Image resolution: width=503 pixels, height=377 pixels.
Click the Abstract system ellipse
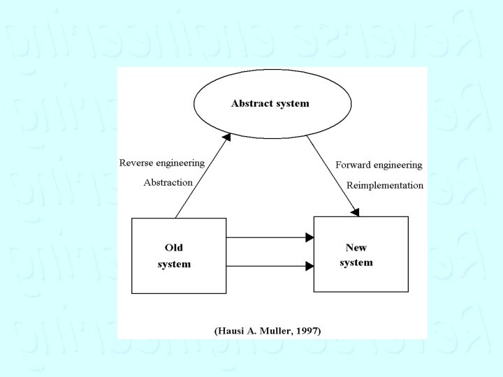coord(270,119)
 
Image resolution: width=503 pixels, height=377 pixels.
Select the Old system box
coord(179,256)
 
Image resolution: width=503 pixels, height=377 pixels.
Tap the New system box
coord(360,254)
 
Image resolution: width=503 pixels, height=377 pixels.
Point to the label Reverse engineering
coord(162,163)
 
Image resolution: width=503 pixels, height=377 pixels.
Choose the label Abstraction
coord(168,182)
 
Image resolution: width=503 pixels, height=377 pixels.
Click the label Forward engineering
coord(379,165)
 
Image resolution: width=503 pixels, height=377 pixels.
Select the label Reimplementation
coord(385,185)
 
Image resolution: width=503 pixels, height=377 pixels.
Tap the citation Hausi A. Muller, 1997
coord(268,330)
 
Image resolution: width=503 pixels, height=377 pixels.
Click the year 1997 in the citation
coord(307,330)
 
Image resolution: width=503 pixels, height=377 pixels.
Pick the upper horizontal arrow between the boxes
coord(270,237)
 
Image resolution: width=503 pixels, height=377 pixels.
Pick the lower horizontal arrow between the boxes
coord(270,265)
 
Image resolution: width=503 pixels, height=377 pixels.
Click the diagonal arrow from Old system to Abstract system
coord(202,177)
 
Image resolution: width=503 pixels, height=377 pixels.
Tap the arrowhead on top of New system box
coord(356,212)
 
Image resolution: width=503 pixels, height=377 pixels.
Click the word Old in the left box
coord(174,247)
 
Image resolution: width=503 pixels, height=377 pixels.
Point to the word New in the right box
coord(356,247)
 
